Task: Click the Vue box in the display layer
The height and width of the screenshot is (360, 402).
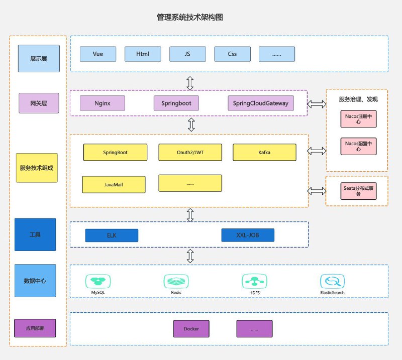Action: click(97, 54)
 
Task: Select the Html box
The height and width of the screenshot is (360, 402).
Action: click(143, 54)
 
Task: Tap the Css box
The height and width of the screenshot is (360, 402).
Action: click(232, 54)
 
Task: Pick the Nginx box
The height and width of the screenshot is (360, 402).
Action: click(103, 103)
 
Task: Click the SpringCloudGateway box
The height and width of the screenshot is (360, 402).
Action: click(261, 103)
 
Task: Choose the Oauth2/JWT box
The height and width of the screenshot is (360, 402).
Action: click(190, 152)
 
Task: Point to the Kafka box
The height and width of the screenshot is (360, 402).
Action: click(264, 152)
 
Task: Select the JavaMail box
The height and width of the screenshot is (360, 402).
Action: click(114, 184)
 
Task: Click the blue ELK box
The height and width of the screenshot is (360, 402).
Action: click(112, 235)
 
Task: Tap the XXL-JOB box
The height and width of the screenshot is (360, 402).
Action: click(248, 235)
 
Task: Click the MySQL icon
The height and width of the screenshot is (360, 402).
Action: click(98, 281)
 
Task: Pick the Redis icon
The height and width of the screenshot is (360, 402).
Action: click(176, 281)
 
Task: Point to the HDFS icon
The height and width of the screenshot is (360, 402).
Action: click(254, 281)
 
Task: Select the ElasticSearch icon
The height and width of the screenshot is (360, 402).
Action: click(332, 281)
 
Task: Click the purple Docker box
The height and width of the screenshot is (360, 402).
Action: click(191, 329)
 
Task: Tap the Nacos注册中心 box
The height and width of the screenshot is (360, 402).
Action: click(358, 118)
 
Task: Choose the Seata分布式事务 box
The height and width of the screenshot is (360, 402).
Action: click(358, 191)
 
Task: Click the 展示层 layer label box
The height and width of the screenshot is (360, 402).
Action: click(38, 58)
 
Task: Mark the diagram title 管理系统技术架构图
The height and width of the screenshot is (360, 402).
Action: click(190, 17)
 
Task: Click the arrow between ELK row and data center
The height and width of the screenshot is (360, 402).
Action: click(190, 256)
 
